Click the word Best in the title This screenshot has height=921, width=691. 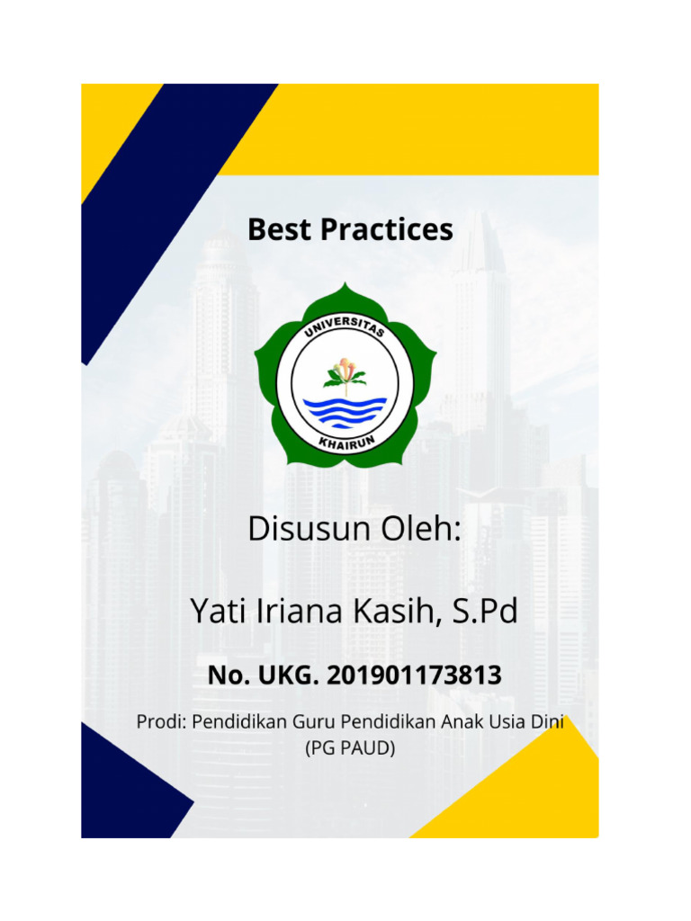click(280, 229)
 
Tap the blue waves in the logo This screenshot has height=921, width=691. click(345, 410)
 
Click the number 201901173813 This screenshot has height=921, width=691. click(412, 675)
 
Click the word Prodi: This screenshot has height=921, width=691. click(160, 721)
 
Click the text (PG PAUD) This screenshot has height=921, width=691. click(350, 747)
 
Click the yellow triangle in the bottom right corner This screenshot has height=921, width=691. click(540, 800)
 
